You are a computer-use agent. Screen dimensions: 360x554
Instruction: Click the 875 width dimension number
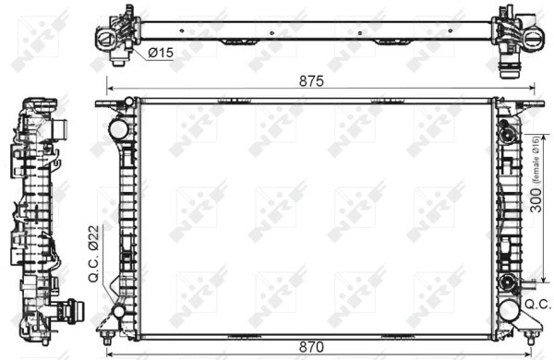[x=311, y=80]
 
